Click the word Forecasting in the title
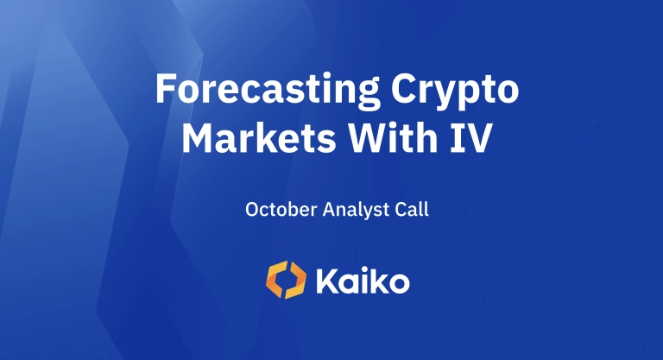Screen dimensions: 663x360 pyautogui.click(x=268, y=91)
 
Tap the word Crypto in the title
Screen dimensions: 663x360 pyautogui.click(x=455, y=91)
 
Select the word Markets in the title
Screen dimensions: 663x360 pyautogui.click(x=259, y=138)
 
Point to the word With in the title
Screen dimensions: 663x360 pyautogui.click(x=393, y=137)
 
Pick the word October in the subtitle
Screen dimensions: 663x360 pyautogui.click(x=281, y=209)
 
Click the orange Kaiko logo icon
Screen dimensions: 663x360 pyautogui.click(x=287, y=280)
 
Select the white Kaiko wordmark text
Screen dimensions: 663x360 pyautogui.click(x=363, y=281)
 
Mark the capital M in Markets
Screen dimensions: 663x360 pyautogui.click(x=197, y=138)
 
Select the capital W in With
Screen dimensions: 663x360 pyautogui.click(x=368, y=138)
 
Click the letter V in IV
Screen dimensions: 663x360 pyautogui.click(x=479, y=138)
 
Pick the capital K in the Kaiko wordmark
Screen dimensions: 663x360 pyautogui.click(x=327, y=281)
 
